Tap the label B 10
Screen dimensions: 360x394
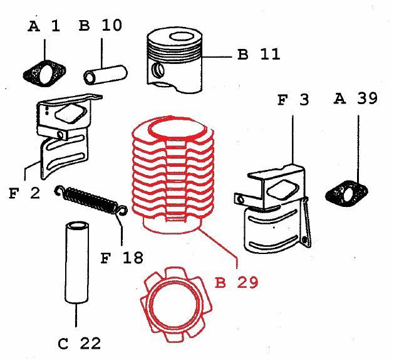pyautogui.click(x=100, y=26)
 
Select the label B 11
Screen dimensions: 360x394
pyautogui.click(x=259, y=54)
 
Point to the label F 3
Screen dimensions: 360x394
pyautogui.click(x=293, y=100)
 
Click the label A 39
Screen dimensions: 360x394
pyautogui.click(x=356, y=98)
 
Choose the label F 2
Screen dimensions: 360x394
pyautogui.click(x=24, y=193)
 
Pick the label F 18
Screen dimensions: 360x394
pyautogui.click(x=122, y=257)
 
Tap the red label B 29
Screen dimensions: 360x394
pyautogui.click(x=236, y=282)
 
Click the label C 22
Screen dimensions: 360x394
pyautogui.click(x=79, y=343)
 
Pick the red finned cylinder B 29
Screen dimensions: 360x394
pyautogui.click(x=175, y=176)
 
